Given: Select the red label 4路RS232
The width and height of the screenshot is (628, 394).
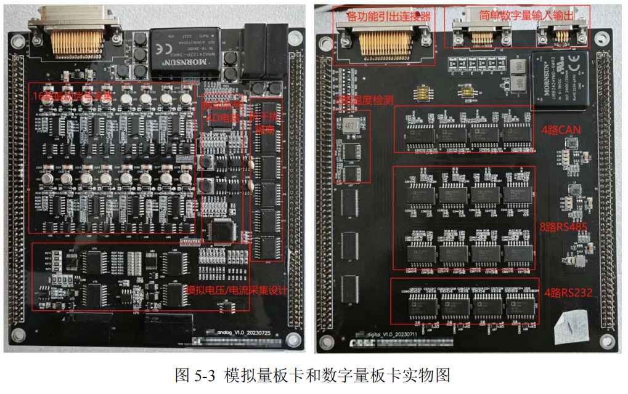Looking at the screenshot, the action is point(567,293).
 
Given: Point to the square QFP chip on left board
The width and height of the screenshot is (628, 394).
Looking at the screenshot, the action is point(219,231).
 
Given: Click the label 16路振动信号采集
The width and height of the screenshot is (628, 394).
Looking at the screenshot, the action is point(73,97).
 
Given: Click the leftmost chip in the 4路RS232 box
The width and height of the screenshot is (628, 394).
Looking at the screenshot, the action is point(421,303).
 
